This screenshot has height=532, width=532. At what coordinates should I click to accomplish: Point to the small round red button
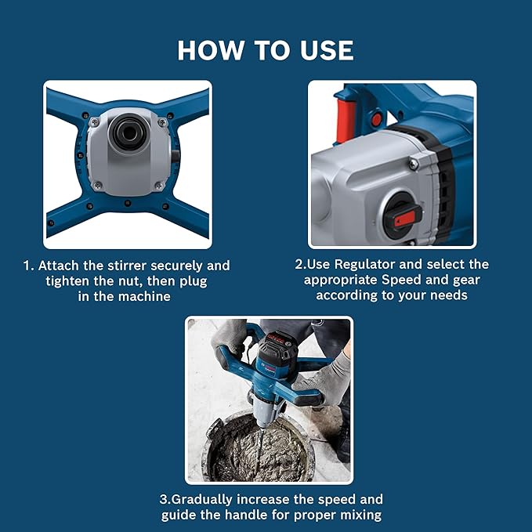pyautogui.click(x=376, y=119)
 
